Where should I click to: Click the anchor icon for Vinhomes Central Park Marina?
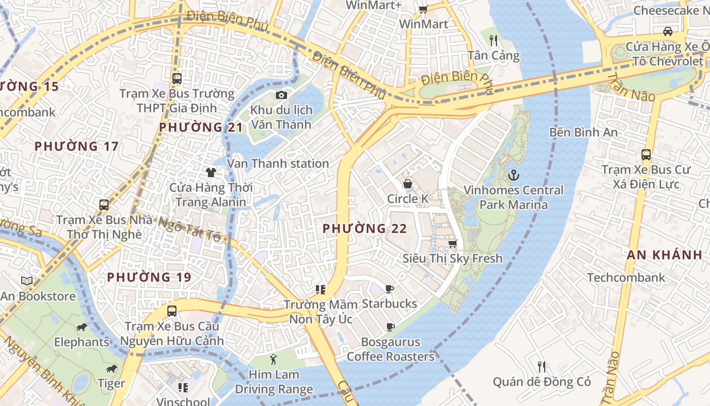[513, 175]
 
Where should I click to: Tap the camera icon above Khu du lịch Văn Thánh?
[281, 95]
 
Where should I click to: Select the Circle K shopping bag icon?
[407, 183]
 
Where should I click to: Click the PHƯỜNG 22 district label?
[365, 228]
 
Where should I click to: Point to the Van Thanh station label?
[278, 163]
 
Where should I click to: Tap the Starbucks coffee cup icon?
[389, 289]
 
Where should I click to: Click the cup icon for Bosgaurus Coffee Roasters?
[390, 327]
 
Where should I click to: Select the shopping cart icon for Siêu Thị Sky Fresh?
[452, 244]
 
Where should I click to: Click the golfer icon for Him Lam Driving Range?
[274, 359]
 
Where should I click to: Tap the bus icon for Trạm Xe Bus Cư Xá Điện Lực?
[646, 154]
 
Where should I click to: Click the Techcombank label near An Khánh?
[626, 278]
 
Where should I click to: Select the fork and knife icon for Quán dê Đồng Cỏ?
[542, 366]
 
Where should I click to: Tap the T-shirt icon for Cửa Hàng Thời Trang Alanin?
[211, 173]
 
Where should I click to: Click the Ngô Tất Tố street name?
[190, 229]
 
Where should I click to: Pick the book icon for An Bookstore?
[27, 281]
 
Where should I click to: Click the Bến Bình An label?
[583, 132]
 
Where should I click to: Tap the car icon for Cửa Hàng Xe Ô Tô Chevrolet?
[668, 31]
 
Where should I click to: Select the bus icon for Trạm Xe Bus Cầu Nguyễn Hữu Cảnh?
[172, 311]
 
